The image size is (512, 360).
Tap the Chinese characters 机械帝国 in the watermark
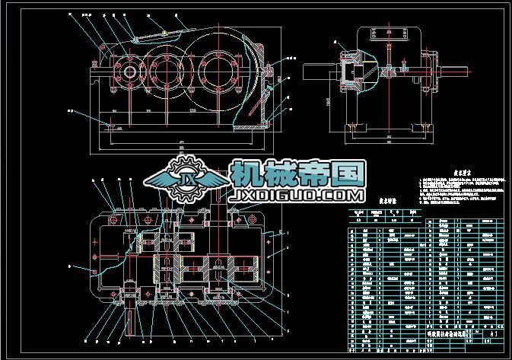click(298, 174)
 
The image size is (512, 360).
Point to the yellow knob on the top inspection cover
click(164, 32)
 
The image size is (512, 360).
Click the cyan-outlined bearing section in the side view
click(351, 73)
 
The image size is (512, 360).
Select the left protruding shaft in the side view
click(320, 72)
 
